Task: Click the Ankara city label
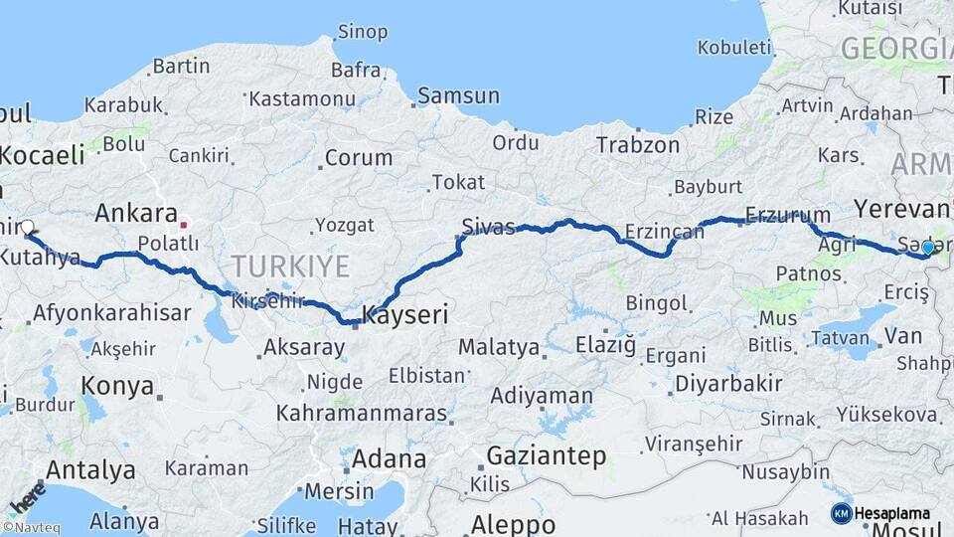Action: [136, 213]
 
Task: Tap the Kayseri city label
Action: [405, 316]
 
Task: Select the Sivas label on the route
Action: [489, 226]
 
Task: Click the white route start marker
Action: [27, 228]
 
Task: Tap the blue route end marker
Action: [927, 248]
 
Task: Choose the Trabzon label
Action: [638, 145]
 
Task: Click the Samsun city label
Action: [458, 96]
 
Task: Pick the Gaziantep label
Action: [546, 456]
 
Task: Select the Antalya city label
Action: [90, 469]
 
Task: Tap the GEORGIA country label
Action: [895, 48]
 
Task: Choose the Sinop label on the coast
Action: [362, 32]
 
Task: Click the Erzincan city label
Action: [664, 232]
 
